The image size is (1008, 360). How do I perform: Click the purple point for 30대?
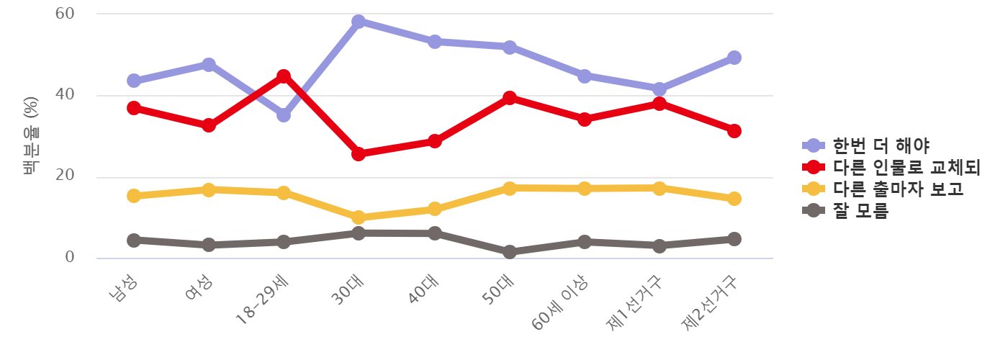[x=359, y=22]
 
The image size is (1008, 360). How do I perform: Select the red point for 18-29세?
[x=284, y=76]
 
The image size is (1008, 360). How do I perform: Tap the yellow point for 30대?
[x=359, y=217]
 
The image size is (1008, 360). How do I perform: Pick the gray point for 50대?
[x=509, y=252]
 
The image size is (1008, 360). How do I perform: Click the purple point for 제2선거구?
[x=734, y=58]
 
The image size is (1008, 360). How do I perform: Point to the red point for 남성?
[x=134, y=108]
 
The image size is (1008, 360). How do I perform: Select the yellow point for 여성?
[x=209, y=190]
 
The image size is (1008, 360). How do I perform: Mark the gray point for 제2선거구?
[x=734, y=239]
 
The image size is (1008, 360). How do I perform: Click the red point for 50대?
[x=509, y=98]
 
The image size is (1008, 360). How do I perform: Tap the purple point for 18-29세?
[x=284, y=115]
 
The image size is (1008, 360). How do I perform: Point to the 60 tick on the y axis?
[x=65, y=14]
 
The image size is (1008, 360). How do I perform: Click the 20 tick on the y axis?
[x=65, y=177]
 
